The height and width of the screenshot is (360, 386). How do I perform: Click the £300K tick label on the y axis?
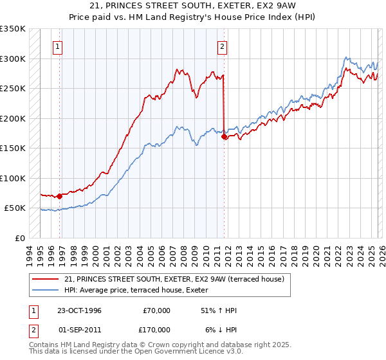pyautogui.click(x=13, y=59)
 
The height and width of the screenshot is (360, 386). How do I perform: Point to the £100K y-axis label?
pyautogui.click(x=13, y=178)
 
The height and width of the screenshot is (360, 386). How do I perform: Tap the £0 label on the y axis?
pyautogui.click(x=19, y=238)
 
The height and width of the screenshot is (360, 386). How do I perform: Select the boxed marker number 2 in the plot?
pyautogui.click(x=222, y=46)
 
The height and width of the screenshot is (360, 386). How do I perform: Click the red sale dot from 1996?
pyautogui.click(x=59, y=196)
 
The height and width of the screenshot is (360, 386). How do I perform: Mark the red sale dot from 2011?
pyautogui.click(x=224, y=136)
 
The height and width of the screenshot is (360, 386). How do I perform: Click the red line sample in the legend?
pyautogui.click(x=46, y=278)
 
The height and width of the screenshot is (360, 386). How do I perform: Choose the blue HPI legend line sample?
pyautogui.click(x=46, y=289)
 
